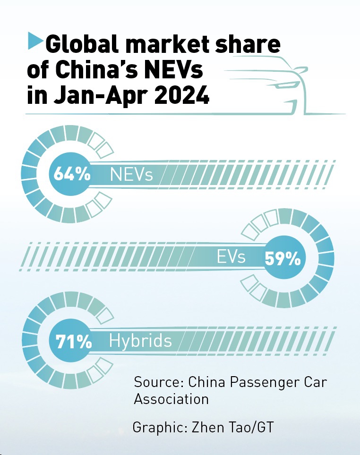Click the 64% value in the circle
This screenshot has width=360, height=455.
click(71, 174)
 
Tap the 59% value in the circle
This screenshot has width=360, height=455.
click(283, 258)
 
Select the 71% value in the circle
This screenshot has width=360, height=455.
click(74, 342)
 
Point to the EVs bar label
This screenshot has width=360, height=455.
click(231, 258)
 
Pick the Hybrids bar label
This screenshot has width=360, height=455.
click(140, 341)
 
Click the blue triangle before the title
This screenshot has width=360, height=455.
click(34, 41)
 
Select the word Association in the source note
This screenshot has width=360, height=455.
click(171, 399)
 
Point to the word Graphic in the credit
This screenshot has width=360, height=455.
click(160, 428)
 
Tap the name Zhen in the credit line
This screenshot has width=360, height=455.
click(208, 428)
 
